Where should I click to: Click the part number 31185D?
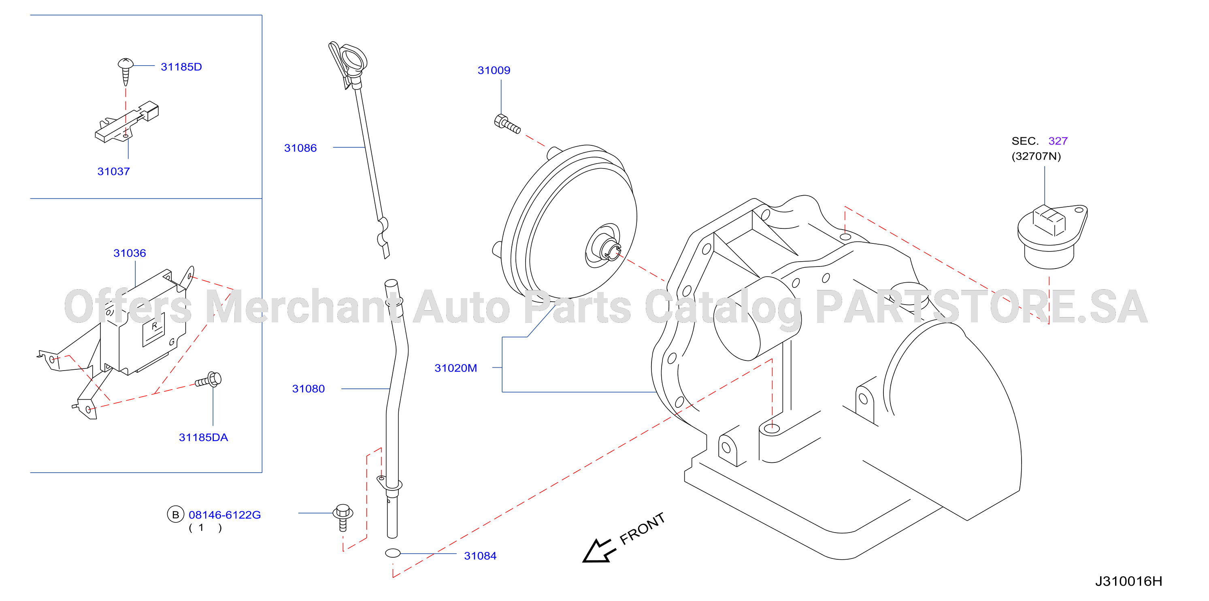pyautogui.click(x=181, y=67)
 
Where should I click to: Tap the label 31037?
pyautogui.click(x=114, y=171)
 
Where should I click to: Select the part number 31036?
pyautogui.click(x=130, y=253)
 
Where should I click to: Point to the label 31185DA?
pyautogui.click(x=203, y=438)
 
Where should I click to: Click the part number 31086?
pyautogui.click(x=300, y=148)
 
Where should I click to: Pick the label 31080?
pyautogui.click(x=309, y=389)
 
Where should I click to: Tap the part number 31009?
pyautogui.click(x=494, y=70)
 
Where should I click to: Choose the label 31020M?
pyautogui.click(x=456, y=368)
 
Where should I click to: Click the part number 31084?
pyautogui.click(x=480, y=556)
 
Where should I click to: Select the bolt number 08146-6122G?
pyautogui.click(x=224, y=515)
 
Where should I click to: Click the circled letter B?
pyautogui.click(x=176, y=515)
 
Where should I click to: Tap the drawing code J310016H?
pyautogui.click(x=1129, y=581)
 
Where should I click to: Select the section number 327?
pyautogui.click(x=1058, y=141)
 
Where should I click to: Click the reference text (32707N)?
pyautogui.click(x=1036, y=156)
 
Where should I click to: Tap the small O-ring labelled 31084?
pyautogui.click(x=393, y=554)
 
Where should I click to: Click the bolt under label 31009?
pyautogui.click(x=507, y=124)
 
